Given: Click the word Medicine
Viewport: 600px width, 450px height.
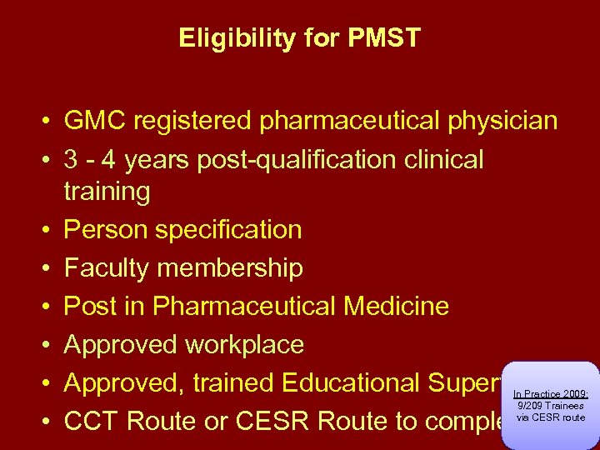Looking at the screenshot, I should (397, 306).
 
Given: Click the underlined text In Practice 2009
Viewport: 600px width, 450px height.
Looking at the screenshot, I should (551, 394).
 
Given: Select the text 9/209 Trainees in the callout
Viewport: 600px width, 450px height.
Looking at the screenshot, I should (551, 406).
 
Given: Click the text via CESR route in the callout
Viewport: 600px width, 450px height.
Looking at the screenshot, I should (551, 417).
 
